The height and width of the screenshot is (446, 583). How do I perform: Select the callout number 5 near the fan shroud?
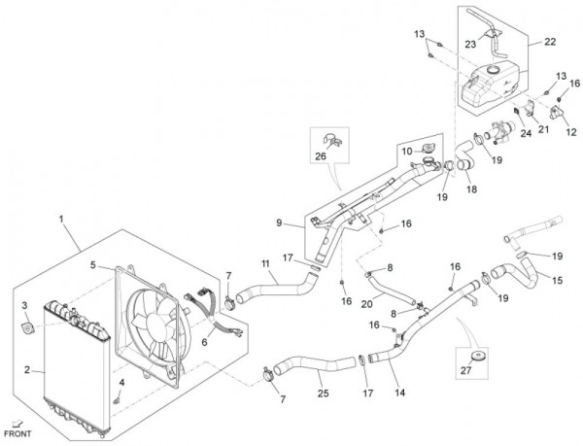click(x=94, y=264)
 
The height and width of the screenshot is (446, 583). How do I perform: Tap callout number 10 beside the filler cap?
click(x=407, y=151)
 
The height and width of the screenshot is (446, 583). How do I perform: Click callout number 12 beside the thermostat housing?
click(x=557, y=133)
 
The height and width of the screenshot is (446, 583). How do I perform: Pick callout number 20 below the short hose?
click(x=366, y=303)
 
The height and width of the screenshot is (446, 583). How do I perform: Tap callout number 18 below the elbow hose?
click(x=473, y=189)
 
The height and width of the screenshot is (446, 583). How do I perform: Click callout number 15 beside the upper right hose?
click(x=557, y=281)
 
